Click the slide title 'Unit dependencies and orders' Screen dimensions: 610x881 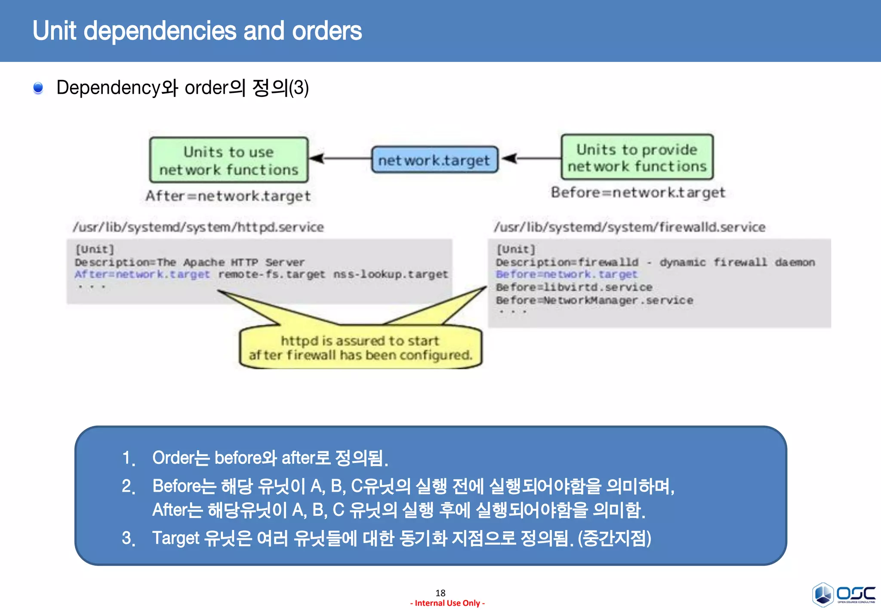(197, 31)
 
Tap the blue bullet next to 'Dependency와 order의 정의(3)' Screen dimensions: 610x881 (38, 88)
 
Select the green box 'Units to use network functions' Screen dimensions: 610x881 (228, 160)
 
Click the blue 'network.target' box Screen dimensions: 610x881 (434, 160)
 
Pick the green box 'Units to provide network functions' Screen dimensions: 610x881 (637, 157)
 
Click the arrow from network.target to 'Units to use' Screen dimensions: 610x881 (340, 158)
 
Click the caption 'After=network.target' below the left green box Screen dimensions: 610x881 (228, 196)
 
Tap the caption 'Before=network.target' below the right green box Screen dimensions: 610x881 (638, 192)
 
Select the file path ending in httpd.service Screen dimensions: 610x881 (198, 227)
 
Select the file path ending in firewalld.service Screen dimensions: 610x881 (629, 227)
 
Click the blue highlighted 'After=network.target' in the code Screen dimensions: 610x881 (142, 274)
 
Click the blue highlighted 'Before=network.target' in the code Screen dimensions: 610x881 (566, 274)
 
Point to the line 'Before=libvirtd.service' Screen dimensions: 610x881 (574, 287)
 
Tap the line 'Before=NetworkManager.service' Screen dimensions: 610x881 (594, 300)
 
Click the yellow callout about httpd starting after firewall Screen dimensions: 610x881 (360, 348)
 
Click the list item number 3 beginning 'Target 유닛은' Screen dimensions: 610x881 (401, 538)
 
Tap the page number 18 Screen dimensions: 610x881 (440, 593)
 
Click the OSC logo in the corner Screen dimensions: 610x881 (844, 594)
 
